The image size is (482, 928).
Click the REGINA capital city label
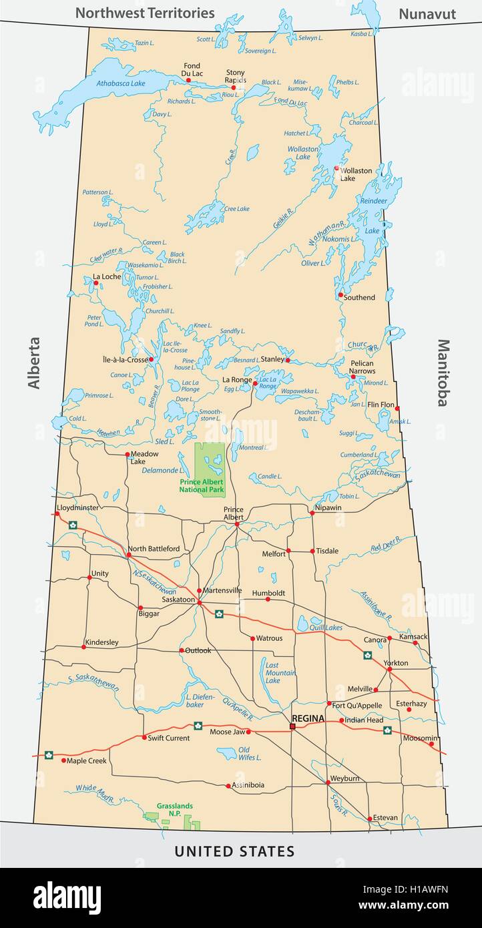point(308,718)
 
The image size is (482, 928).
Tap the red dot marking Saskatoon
point(199,602)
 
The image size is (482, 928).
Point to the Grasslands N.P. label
point(170,809)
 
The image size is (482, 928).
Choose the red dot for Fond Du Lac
point(188,80)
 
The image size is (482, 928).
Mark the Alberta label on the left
point(34,363)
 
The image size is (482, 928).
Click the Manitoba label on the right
point(443,373)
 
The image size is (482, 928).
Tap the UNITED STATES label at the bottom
point(234,851)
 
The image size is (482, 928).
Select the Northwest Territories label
point(145,13)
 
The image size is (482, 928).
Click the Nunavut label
point(427,13)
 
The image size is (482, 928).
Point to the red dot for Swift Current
point(144,738)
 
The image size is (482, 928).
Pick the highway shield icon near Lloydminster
point(72,525)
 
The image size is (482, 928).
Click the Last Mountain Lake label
point(280,673)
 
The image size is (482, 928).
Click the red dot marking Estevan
point(369,819)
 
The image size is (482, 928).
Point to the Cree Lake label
point(236,208)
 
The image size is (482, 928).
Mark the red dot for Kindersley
point(84,647)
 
